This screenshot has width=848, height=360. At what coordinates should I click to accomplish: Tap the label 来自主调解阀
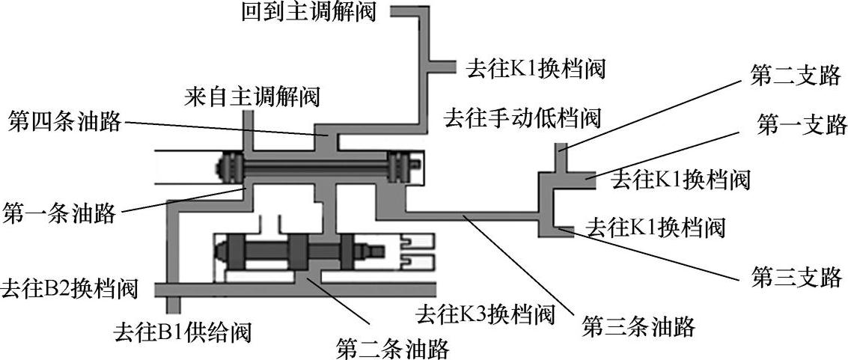pos(252,97)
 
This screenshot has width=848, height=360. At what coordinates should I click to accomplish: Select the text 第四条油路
pos(64,120)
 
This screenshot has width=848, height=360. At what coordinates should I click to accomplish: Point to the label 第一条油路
pos(60,213)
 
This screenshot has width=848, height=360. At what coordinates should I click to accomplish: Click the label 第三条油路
pos(639,326)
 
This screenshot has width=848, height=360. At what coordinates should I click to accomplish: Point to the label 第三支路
pos(796,278)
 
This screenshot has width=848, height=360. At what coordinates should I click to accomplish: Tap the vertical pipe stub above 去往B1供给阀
pos(174,304)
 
